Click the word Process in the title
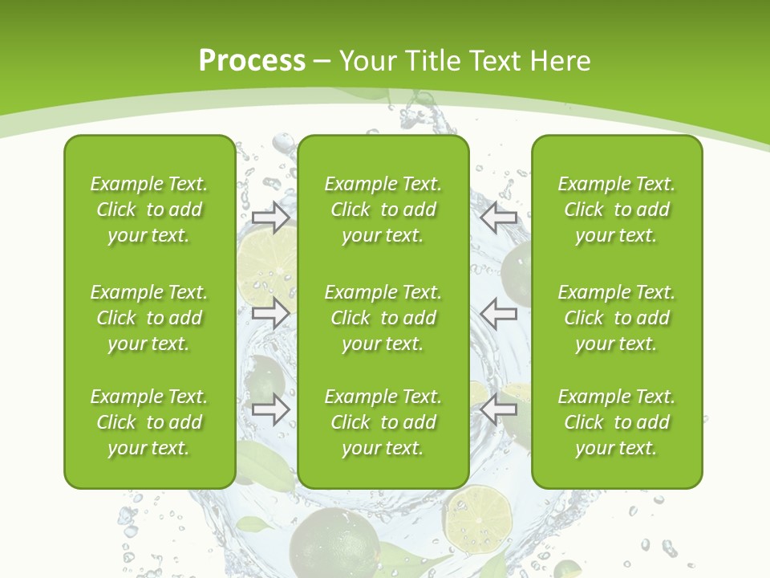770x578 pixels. pos(252,61)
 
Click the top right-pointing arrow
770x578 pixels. pos(270,218)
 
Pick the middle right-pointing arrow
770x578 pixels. pos(270,312)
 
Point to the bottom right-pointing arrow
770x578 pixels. pos(270,409)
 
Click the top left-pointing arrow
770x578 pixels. pos(499,218)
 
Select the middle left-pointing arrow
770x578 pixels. pos(499,312)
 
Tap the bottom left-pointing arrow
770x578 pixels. pos(499,409)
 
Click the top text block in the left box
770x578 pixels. pos(149,210)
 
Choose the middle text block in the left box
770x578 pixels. pos(149,318)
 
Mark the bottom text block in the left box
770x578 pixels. pos(149,422)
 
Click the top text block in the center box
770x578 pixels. pos(383,210)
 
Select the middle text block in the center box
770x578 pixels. pos(383,318)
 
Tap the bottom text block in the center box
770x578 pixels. pos(383,422)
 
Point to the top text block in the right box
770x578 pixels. pos(617,210)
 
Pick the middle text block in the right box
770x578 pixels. pos(617,318)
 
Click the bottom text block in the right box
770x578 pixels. pos(617,422)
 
